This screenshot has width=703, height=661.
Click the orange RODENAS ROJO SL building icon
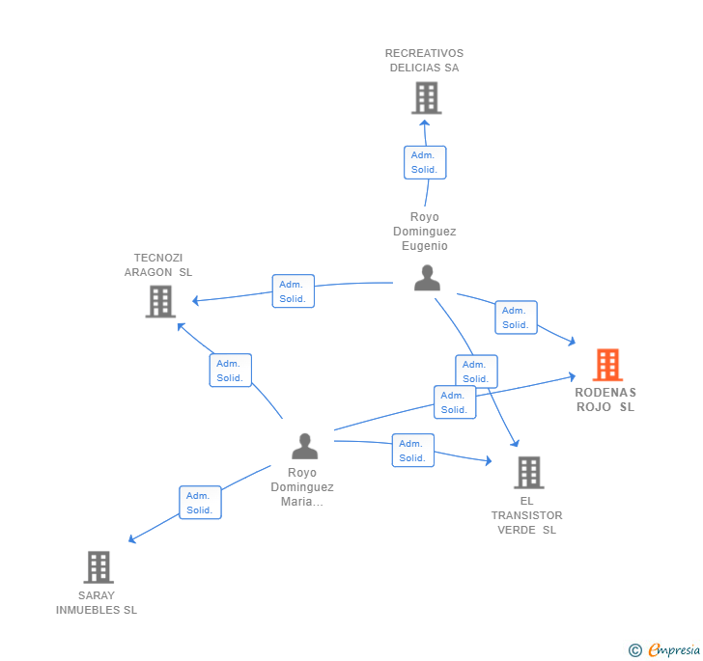tap(607, 365)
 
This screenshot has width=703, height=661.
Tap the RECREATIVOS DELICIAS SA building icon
tap(427, 97)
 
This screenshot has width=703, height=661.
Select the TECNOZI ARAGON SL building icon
tap(160, 302)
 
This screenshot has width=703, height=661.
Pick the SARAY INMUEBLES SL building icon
tap(98, 566)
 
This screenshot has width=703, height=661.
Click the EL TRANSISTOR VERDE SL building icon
tap(529, 472)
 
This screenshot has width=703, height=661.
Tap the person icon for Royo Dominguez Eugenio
tap(427, 278)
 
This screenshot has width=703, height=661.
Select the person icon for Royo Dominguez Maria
tap(305, 447)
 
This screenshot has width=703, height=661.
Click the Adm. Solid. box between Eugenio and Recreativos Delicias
tap(425, 162)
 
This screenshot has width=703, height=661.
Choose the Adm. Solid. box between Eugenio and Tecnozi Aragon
tap(294, 291)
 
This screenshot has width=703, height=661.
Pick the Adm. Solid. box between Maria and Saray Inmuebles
tap(200, 503)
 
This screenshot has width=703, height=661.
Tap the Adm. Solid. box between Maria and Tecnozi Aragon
tap(231, 371)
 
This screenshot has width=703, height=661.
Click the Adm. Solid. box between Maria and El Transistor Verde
tap(413, 451)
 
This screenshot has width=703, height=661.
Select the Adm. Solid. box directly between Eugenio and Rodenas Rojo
tap(516, 317)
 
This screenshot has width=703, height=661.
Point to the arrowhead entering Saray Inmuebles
tap(131, 539)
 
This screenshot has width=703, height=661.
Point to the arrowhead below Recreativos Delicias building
tap(425, 123)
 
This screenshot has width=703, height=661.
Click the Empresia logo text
tap(674, 649)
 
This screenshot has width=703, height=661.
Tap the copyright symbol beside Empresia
tap(634, 650)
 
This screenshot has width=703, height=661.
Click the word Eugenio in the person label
tap(425, 246)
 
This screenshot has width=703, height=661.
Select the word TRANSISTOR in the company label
tap(527, 515)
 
